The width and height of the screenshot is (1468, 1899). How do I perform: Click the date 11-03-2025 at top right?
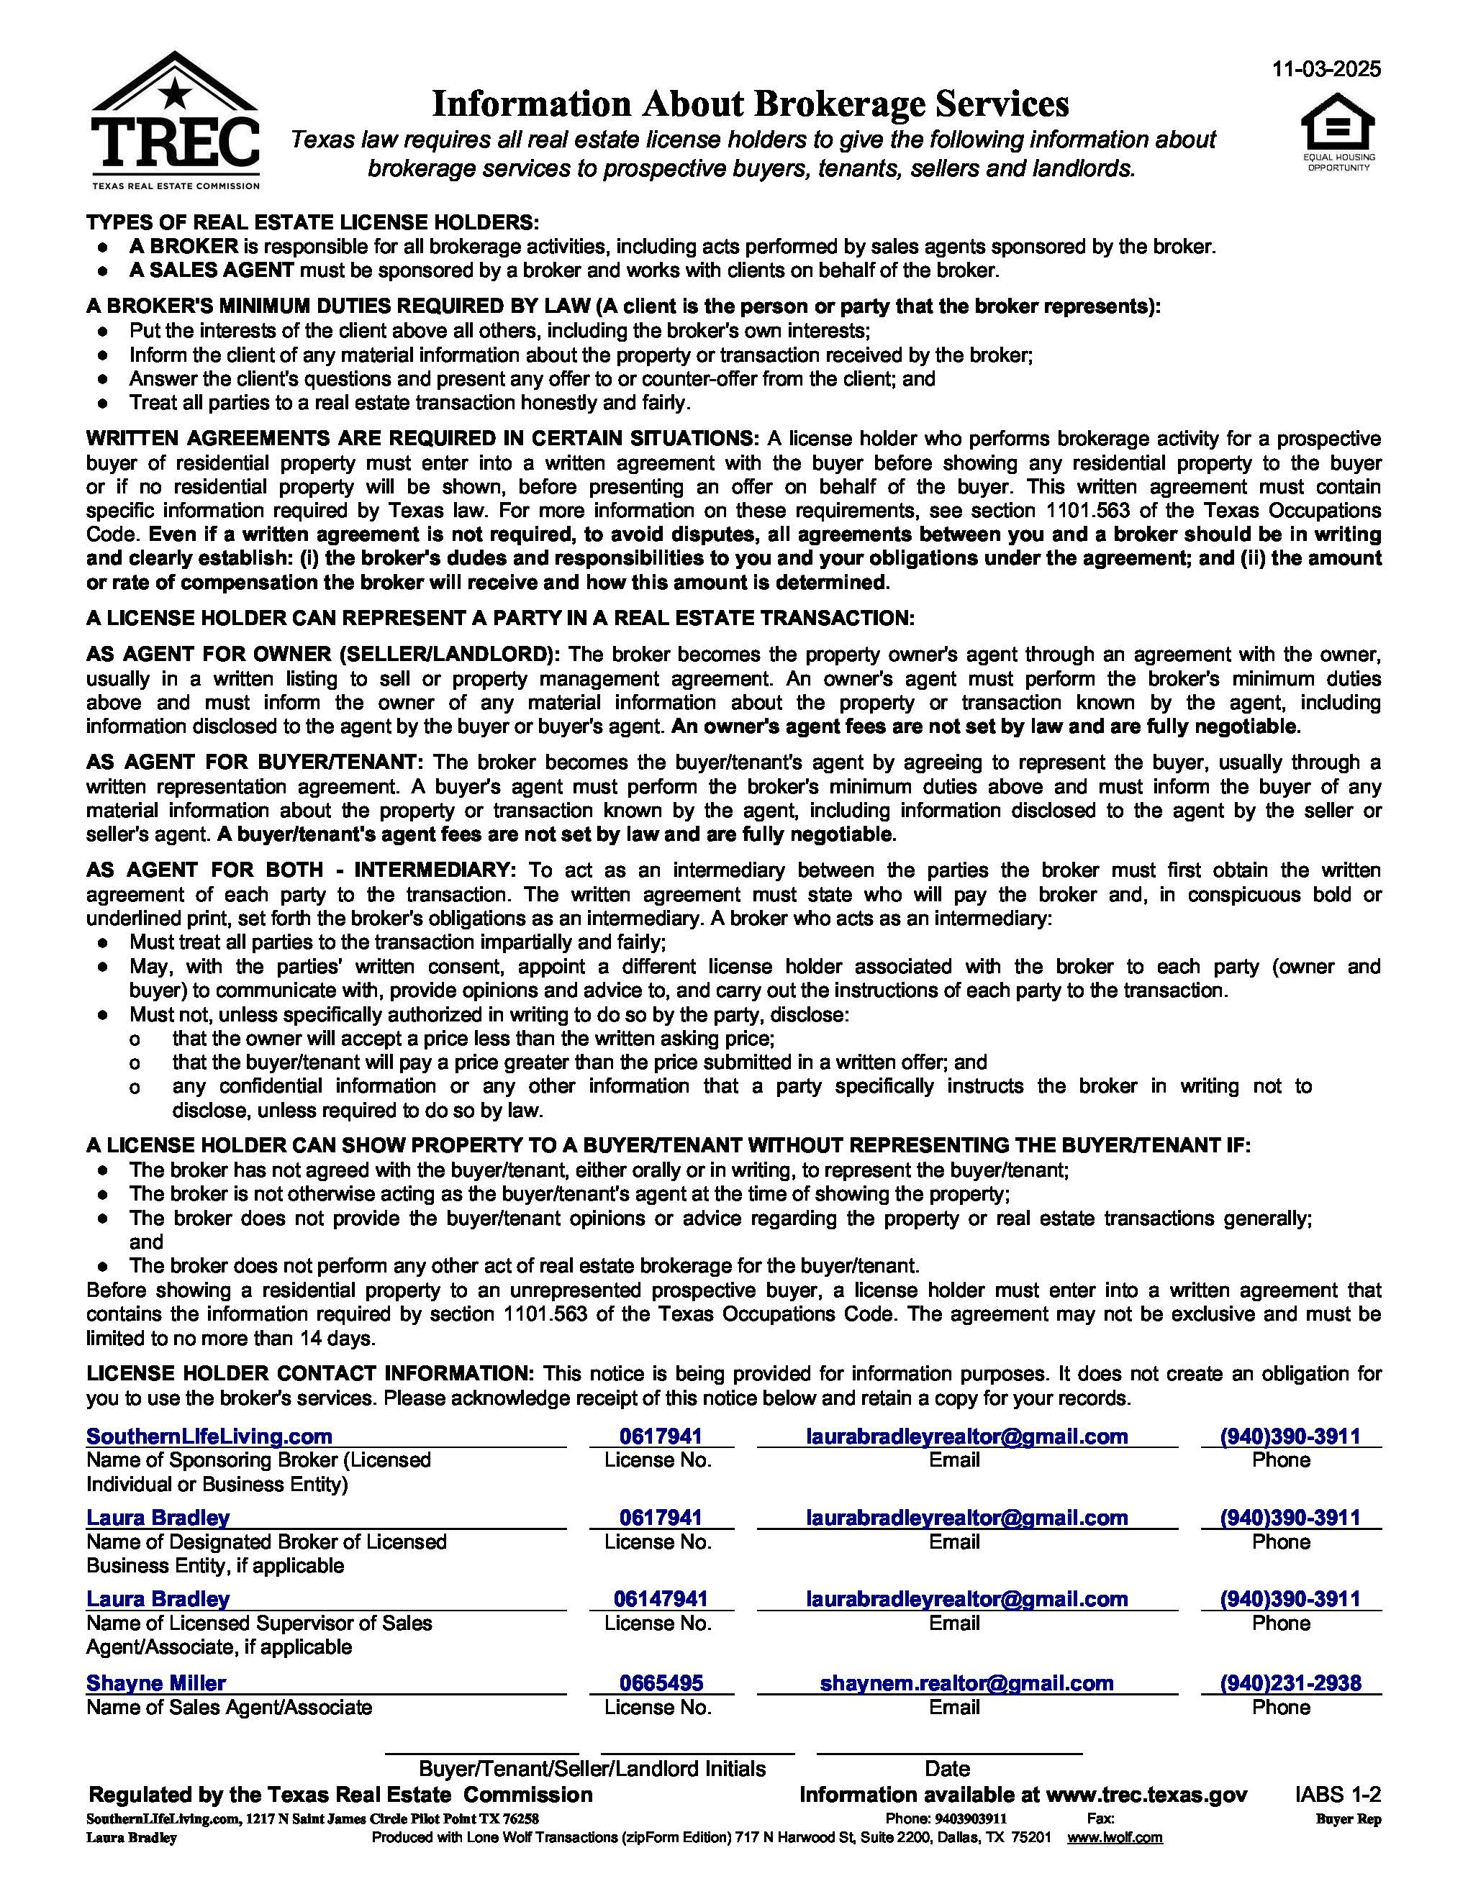click(1326, 70)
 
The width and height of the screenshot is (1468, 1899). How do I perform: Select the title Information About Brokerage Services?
click(751, 104)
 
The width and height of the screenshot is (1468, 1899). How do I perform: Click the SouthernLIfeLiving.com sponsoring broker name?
click(209, 1436)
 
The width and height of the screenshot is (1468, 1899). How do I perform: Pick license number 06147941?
click(661, 1598)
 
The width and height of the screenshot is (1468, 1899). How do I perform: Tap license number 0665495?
click(661, 1682)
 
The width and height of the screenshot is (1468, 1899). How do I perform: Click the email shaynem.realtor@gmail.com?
click(966, 1682)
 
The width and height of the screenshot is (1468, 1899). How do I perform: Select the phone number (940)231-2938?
click(1290, 1682)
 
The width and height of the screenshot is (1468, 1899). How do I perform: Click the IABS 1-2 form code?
click(1337, 1794)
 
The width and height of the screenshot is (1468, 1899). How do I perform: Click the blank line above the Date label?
click(949, 1752)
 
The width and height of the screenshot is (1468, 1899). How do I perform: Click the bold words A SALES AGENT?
click(212, 270)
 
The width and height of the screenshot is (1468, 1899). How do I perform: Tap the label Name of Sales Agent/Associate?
click(229, 1707)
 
